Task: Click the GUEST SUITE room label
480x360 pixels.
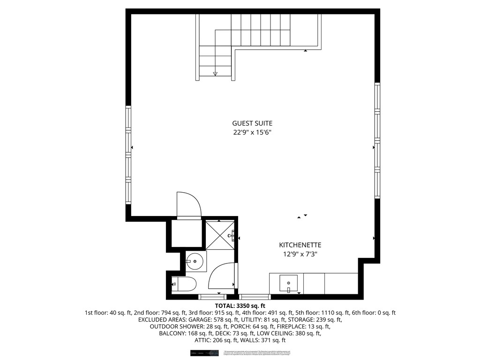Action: coord(253,123)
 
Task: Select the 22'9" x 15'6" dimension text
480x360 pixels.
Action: coord(253,133)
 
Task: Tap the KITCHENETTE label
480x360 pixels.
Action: coord(300,245)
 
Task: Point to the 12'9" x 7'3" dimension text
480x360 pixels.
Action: coord(300,255)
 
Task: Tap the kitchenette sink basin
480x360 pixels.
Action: coord(288,283)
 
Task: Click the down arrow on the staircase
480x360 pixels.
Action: coord(215,73)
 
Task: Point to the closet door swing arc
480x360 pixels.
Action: coord(188,204)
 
